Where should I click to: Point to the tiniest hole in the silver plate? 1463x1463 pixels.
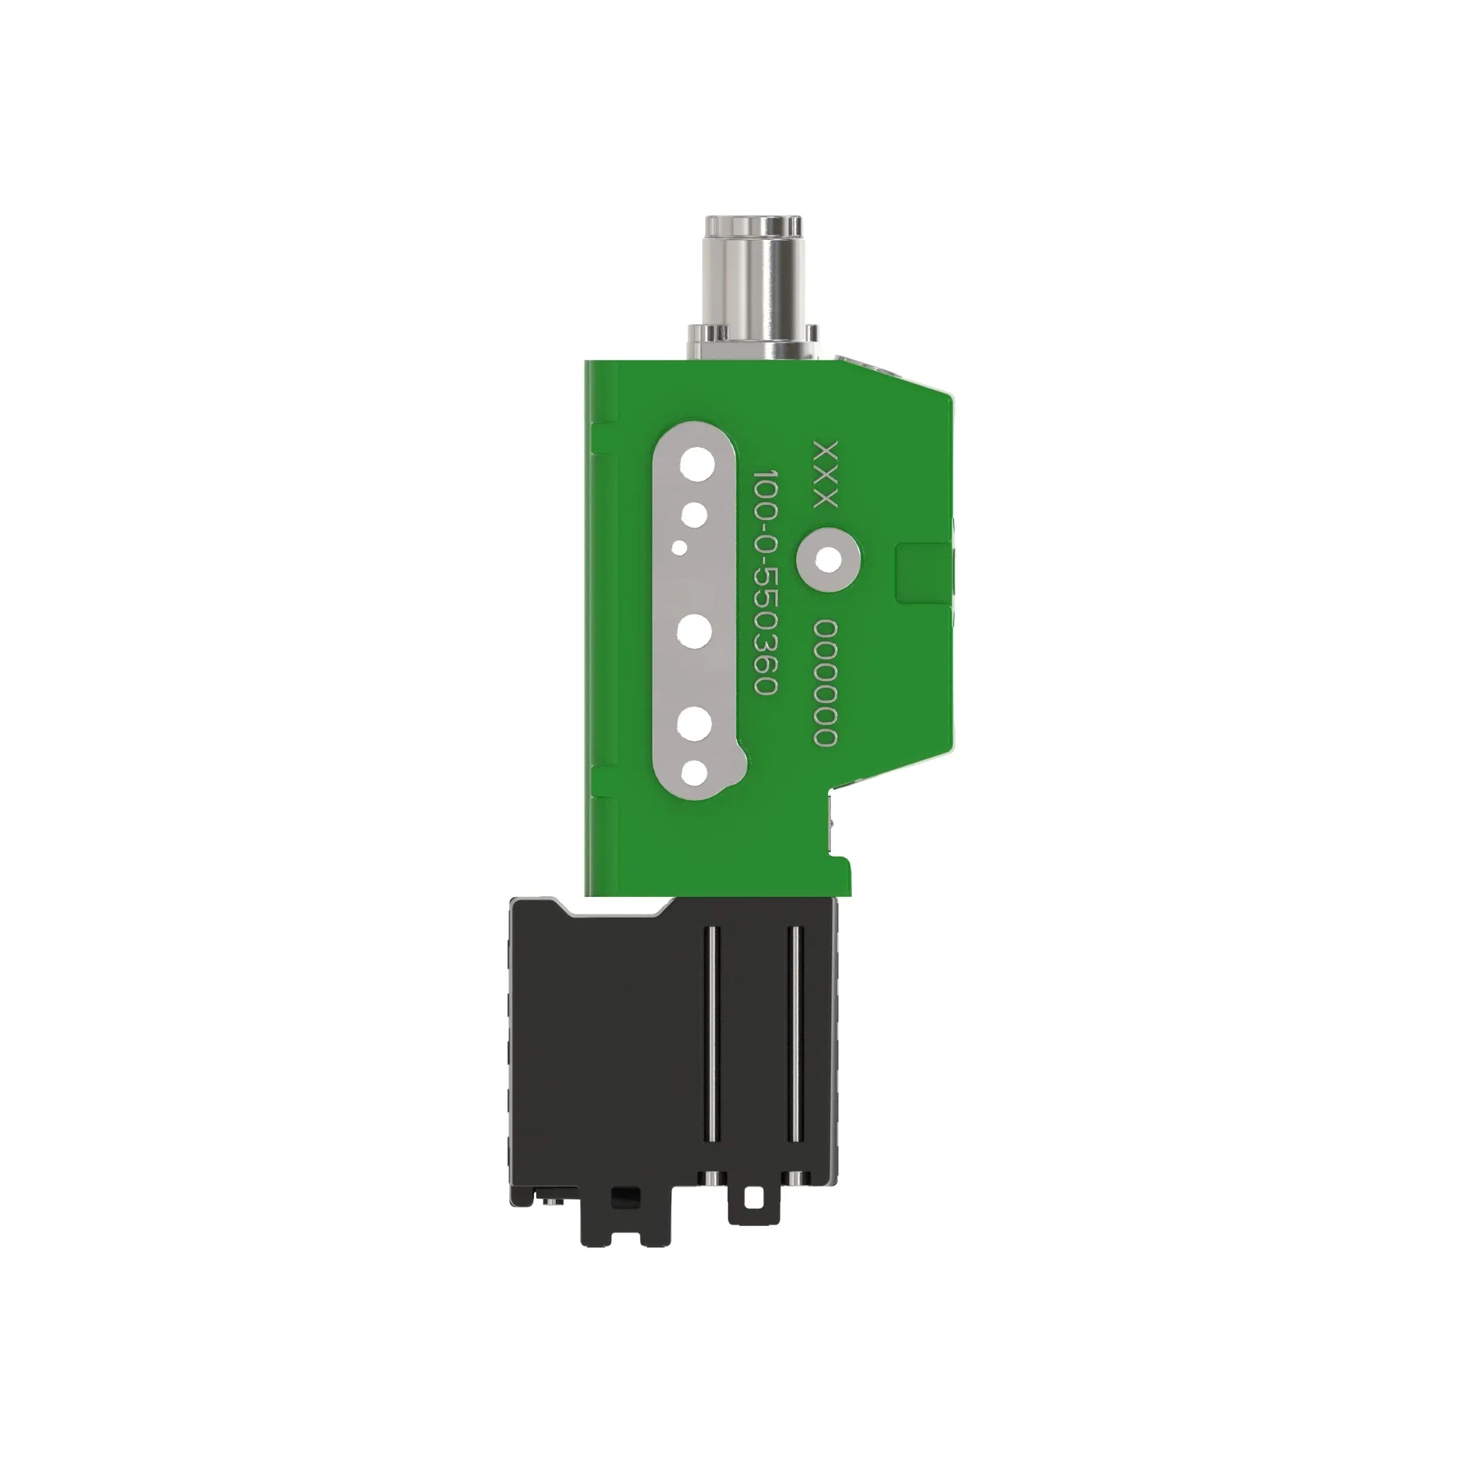click(682, 546)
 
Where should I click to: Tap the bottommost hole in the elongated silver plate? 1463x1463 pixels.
click(693, 773)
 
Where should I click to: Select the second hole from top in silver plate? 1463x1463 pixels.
click(693, 516)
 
